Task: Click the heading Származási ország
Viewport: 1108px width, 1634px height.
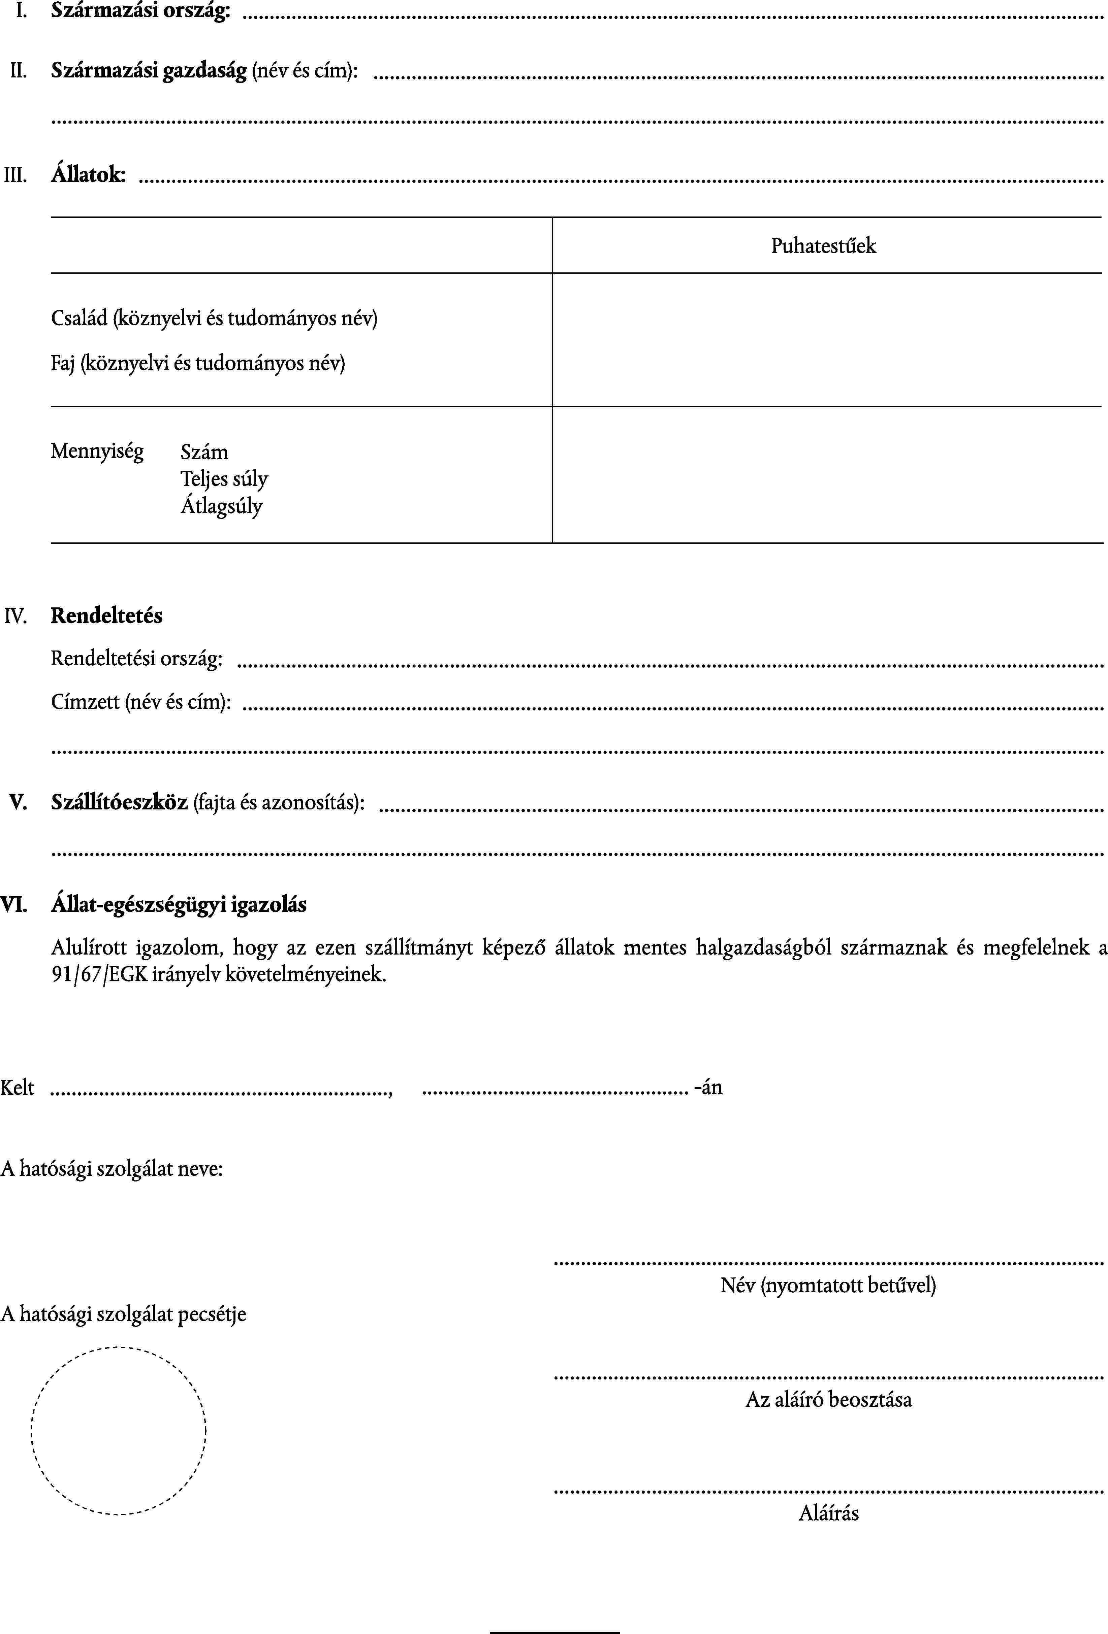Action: (x=141, y=12)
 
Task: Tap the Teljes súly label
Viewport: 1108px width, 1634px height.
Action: (x=224, y=479)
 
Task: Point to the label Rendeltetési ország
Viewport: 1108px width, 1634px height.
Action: (x=136, y=659)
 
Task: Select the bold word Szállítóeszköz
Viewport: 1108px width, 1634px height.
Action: (x=119, y=802)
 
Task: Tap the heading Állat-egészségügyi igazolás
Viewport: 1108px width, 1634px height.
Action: (x=179, y=904)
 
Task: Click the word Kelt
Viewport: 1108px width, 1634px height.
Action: (x=18, y=1088)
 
